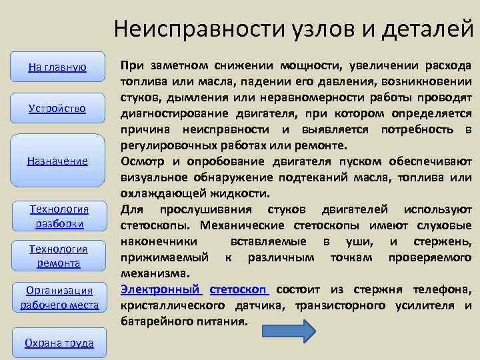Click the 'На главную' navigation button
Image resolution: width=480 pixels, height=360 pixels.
tap(59, 67)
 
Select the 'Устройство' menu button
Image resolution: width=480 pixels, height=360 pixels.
tap(59, 108)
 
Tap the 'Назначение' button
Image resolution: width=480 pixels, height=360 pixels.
tap(59, 161)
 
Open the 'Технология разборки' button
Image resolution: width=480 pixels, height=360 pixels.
tap(59, 217)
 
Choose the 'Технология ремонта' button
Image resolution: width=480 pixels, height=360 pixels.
tap(59, 256)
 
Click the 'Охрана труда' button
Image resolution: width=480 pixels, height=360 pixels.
tap(59, 343)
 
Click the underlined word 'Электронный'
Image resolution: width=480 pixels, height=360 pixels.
tap(160, 289)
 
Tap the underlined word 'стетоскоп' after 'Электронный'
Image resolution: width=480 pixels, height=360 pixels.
tap(239, 289)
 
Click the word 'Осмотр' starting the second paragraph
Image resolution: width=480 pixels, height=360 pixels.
tap(142, 161)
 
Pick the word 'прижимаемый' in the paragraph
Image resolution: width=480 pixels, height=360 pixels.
tap(154, 257)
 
